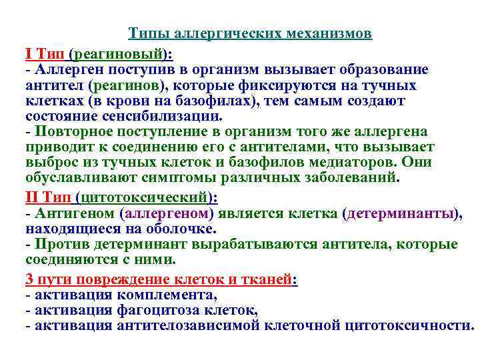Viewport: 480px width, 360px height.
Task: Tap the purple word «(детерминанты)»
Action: pos(401,213)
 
